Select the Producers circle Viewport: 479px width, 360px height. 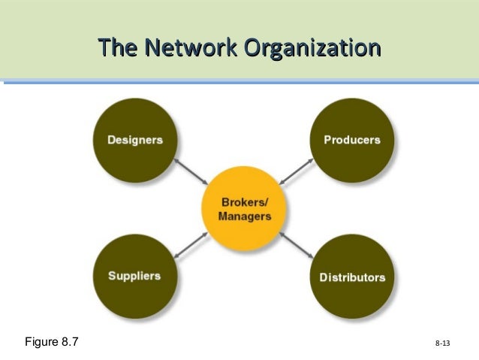point(351,139)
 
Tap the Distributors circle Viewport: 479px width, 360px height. point(351,277)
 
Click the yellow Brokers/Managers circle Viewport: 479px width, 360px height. point(244,209)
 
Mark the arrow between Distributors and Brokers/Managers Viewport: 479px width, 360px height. point(296,244)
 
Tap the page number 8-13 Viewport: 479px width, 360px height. point(442,344)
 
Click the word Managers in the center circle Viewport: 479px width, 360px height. point(244,216)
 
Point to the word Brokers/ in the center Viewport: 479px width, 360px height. point(244,203)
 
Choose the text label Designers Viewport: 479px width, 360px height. point(134,140)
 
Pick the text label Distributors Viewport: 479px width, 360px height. point(352,277)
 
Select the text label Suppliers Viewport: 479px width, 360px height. point(134,276)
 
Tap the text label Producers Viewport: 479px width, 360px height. point(351,140)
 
